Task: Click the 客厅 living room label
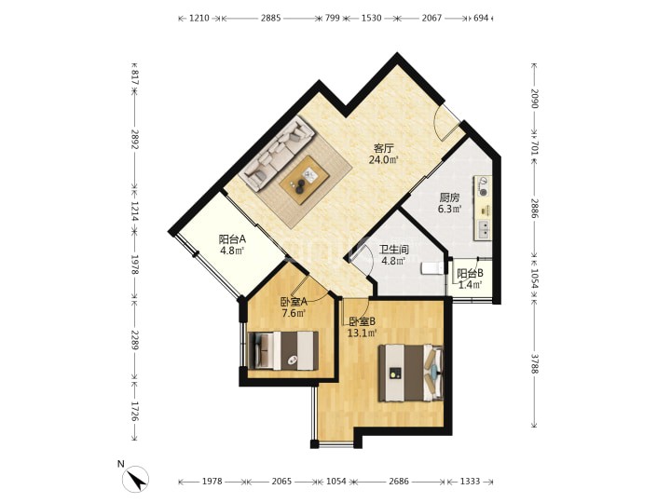(x=383, y=148)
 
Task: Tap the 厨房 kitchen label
(x=450, y=197)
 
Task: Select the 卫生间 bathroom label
(x=393, y=249)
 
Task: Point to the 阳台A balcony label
(x=232, y=239)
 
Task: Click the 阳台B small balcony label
(x=470, y=273)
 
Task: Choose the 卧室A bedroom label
(x=294, y=302)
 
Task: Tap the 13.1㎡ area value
(x=362, y=333)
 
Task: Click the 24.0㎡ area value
(x=384, y=160)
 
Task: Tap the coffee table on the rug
(x=304, y=180)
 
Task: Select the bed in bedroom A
(x=283, y=350)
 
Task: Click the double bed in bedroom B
(x=411, y=373)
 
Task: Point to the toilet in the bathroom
(x=432, y=268)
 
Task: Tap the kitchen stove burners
(x=483, y=186)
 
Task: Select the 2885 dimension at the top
(x=271, y=18)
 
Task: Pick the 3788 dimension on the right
(x=534, y=363)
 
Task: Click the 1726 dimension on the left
(x=135, y=411)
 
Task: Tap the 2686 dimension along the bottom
(x=399, y=482)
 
